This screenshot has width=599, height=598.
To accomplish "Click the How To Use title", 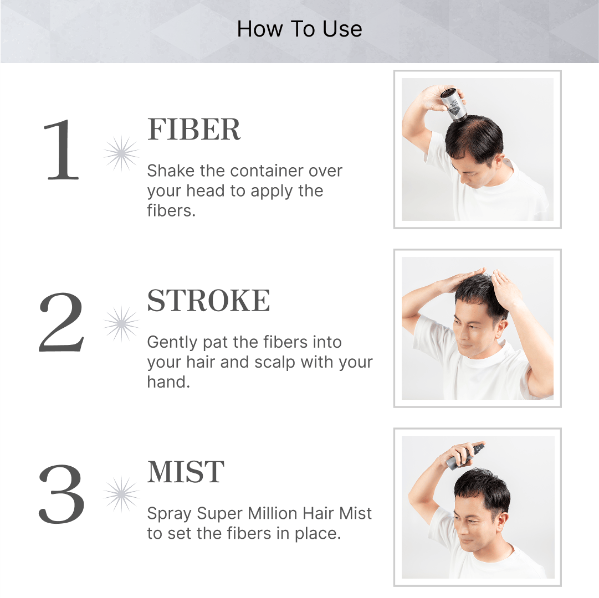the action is click(x=299, y=29).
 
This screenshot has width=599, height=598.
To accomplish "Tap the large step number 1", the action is click(x=61, y=149).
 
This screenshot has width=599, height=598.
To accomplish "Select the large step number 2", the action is click(x=61, y=322).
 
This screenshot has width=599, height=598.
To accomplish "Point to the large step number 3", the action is click(x=61, y=494).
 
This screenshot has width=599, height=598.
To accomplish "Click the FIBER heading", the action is click(x=194, y=130).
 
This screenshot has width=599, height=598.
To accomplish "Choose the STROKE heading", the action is click(x=208, y=300).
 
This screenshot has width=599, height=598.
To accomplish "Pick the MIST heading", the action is click(x=186, y=472).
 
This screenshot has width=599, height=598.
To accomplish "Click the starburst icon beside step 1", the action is click(x=121, y=153).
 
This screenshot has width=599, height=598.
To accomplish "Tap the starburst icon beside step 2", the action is click(x=121, y=324).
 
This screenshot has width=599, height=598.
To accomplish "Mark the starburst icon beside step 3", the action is click(x=121, y=494).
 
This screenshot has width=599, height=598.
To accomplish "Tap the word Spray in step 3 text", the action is click(x=169, y=514).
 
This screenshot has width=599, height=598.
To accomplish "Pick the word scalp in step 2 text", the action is click(x=275, y=363).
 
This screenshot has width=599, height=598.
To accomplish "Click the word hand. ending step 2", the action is click(x=168, y=382).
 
